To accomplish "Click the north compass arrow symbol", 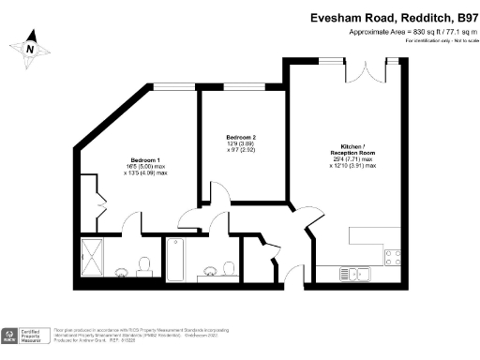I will tap(30, 49).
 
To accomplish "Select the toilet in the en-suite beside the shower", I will tap(145, 264).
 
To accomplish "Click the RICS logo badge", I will tap(12, 335).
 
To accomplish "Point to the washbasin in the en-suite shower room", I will tap(122, 273).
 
